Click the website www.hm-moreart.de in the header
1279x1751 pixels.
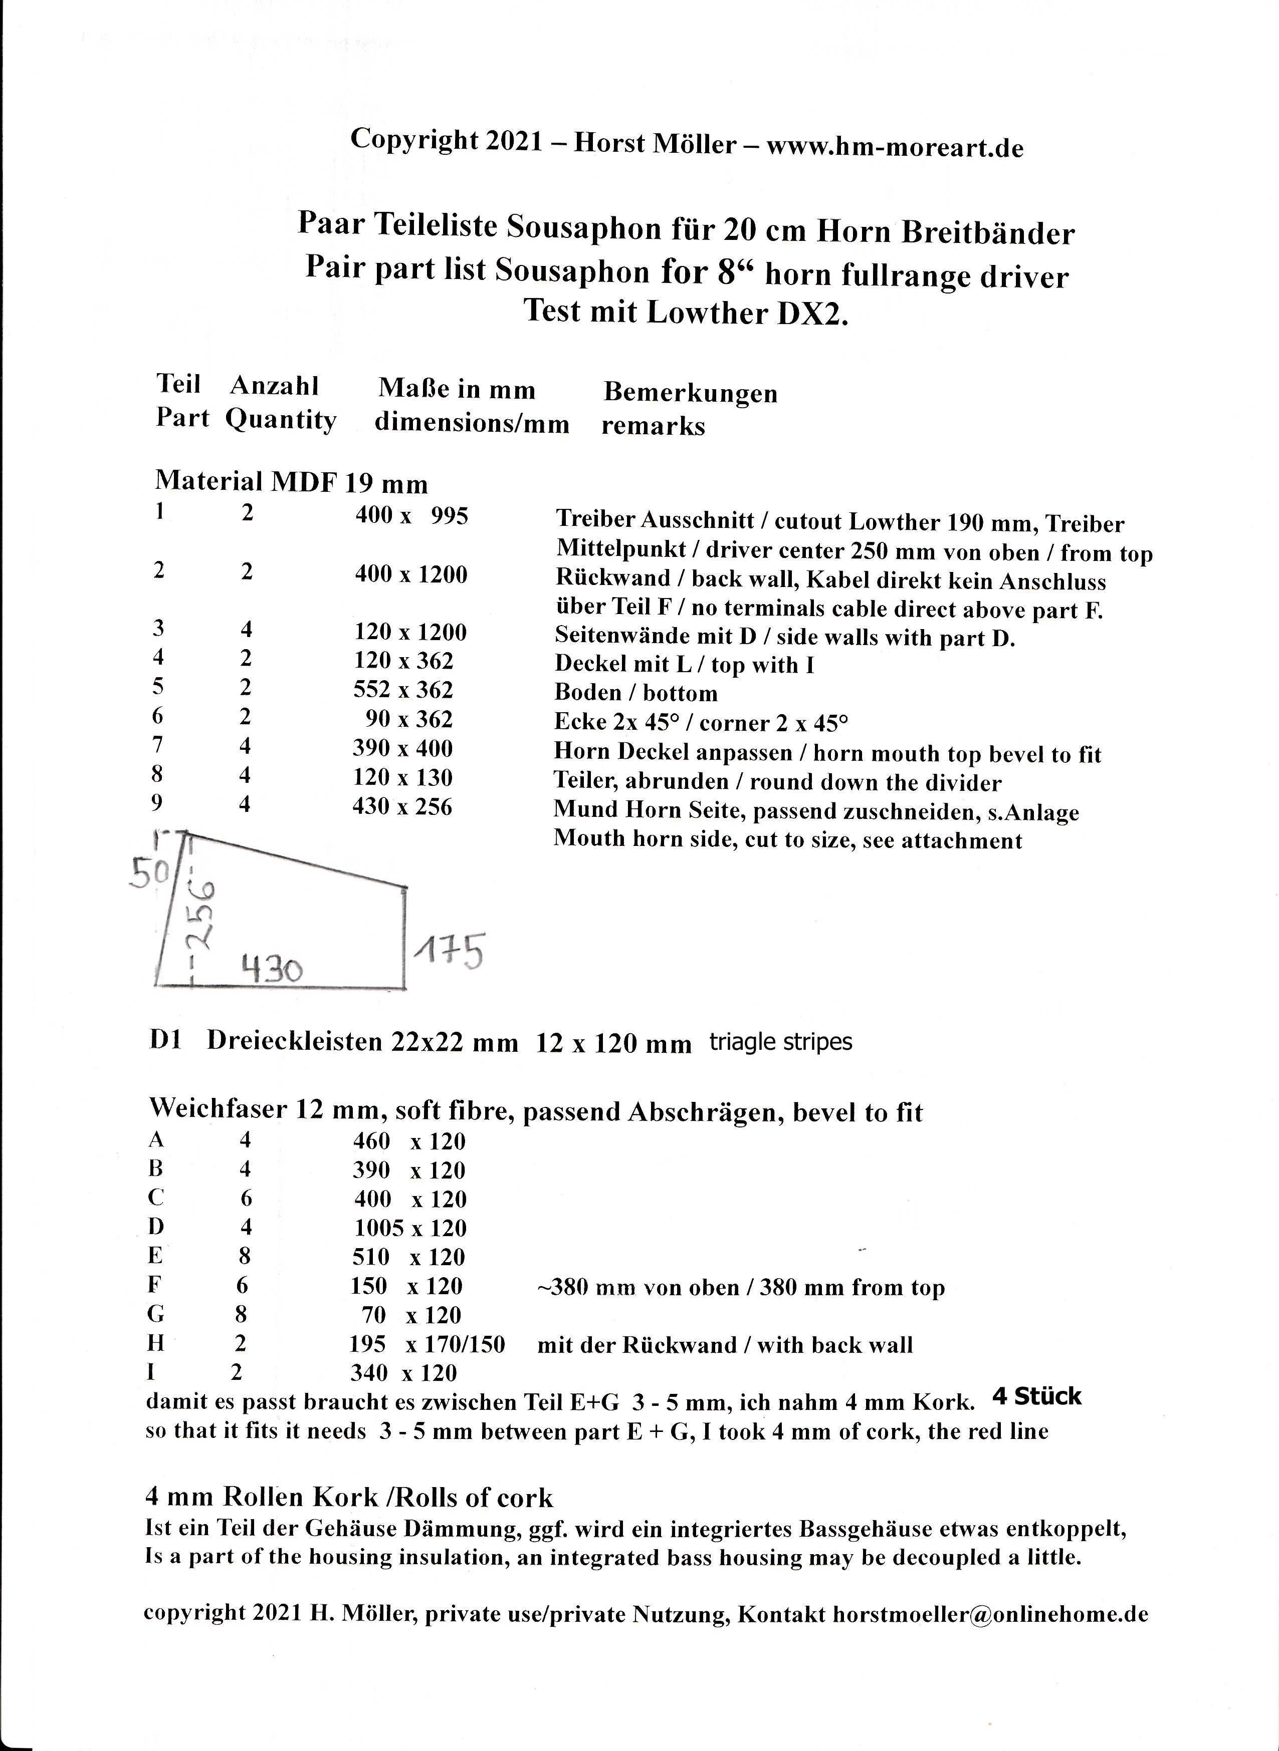coord(895,147)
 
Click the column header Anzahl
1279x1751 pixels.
coord(274,385)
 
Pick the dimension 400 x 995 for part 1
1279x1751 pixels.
coord(411,515)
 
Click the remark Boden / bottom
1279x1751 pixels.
coord(635,693)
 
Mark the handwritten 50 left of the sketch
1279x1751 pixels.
coord(149,873)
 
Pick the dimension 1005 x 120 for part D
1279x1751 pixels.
coord(410,1228)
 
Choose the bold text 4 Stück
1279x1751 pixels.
coord(1036,1396)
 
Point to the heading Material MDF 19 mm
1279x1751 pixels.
coord(291,482)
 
